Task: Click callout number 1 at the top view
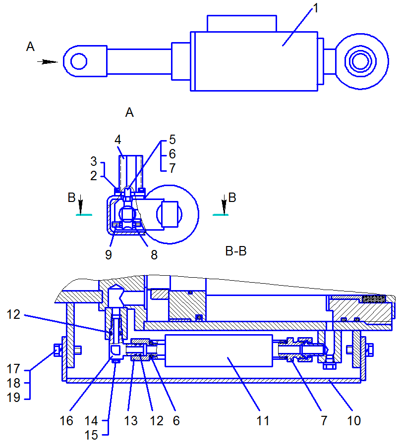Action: click(x=315, y=8)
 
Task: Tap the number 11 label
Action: click(x=263, y=421)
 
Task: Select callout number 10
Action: click(x=354, y=421)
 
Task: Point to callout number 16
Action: click(x=66, y=421)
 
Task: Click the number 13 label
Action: click(x=131, y=421)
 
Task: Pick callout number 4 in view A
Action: click(x=118, y=140)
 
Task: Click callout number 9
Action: click(x=109, y=255)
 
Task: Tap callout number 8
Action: click(x=154, y=255)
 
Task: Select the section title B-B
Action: click(x=236, y=251)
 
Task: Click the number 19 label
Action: click(x=14, y=397)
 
